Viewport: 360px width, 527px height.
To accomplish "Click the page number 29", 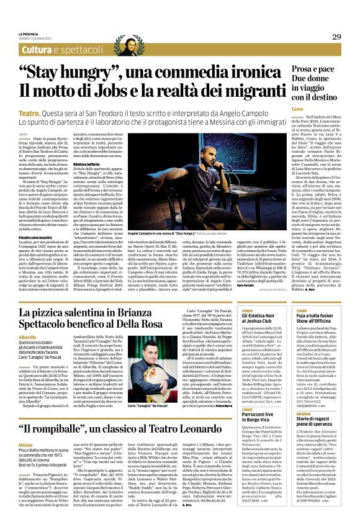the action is pyautogui.click(x=337, y=37).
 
